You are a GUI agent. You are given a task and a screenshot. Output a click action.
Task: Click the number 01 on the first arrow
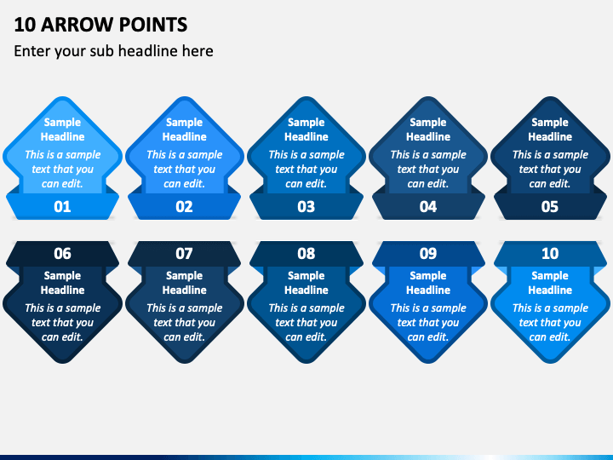pos(62,206)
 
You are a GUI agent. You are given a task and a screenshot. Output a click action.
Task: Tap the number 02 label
pos(184,206)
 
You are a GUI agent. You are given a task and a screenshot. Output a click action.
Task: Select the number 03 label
pos(306,206)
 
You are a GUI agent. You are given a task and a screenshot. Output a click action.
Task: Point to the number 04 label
pos(428,206)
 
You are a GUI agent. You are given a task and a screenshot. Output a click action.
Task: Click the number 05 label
pos(550,206)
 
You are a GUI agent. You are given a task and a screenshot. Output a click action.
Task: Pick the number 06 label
pos(62,254)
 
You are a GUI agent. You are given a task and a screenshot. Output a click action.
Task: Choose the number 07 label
pos(184,254)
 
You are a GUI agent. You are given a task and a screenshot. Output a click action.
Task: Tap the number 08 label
pos(306,254)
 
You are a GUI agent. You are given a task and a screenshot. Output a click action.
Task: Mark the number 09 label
pos(428,254)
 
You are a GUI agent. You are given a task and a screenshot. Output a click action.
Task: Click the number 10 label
pos(550,254)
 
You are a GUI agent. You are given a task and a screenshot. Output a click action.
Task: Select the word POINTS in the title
pos(153,24)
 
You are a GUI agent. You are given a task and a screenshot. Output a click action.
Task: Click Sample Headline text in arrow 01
pos(62,129)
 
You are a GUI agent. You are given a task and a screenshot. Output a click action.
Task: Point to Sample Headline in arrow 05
pos(550,129)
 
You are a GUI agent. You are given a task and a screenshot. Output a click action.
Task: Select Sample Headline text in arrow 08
pos(306,283)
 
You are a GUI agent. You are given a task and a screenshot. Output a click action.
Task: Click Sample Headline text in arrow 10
pos(550,283)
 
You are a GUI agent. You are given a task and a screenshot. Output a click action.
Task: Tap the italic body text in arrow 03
pos(306,169)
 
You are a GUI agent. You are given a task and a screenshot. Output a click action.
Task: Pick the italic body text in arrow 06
pos(62,322)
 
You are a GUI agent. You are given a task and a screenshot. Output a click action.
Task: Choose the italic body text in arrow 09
pos(428,322)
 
